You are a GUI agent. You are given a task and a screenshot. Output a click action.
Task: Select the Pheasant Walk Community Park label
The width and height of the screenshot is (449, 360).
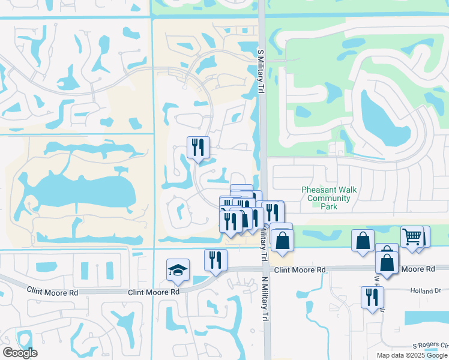click(328, 198)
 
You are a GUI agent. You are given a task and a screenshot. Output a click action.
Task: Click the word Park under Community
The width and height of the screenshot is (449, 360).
click(328, 206)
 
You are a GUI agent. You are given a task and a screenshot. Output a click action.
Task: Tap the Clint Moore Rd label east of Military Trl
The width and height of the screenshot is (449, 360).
click(300, 271)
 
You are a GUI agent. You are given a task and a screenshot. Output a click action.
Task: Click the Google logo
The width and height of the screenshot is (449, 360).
click(20, 353)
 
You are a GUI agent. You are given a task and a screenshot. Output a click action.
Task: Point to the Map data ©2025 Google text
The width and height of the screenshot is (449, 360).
click(412, 355)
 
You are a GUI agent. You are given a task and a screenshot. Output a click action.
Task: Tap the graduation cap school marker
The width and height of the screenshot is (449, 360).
click(178, 270)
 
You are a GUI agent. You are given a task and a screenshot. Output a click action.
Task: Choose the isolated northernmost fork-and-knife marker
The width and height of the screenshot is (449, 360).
click(198, 148)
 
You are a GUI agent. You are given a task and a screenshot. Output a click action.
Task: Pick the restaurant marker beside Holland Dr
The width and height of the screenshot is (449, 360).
click(372, 297)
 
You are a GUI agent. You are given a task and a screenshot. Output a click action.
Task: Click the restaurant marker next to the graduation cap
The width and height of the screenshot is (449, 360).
click(215, 260)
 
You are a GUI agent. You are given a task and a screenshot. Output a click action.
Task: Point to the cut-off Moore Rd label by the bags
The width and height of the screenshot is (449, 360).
click(421, 270)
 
